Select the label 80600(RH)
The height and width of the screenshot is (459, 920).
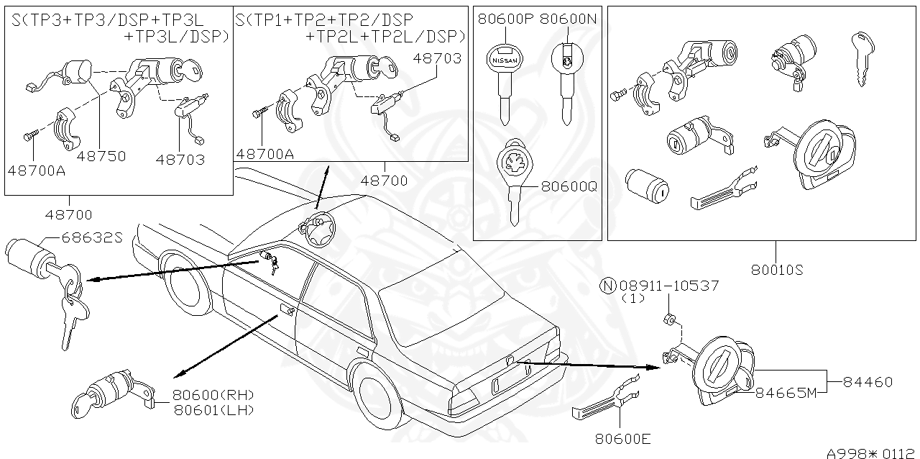click(x=214, y=395)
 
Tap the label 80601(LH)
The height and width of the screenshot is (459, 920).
click(x=214, y=409)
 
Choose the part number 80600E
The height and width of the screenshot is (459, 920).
click(x=623, y=437)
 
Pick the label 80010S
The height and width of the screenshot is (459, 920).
click(x=777, y=271)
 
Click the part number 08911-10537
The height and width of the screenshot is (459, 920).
click(x=669, y=286)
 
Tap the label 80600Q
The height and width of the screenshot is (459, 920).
click(x=569, y=186)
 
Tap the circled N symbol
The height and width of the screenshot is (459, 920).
click(x=608, y=286)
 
